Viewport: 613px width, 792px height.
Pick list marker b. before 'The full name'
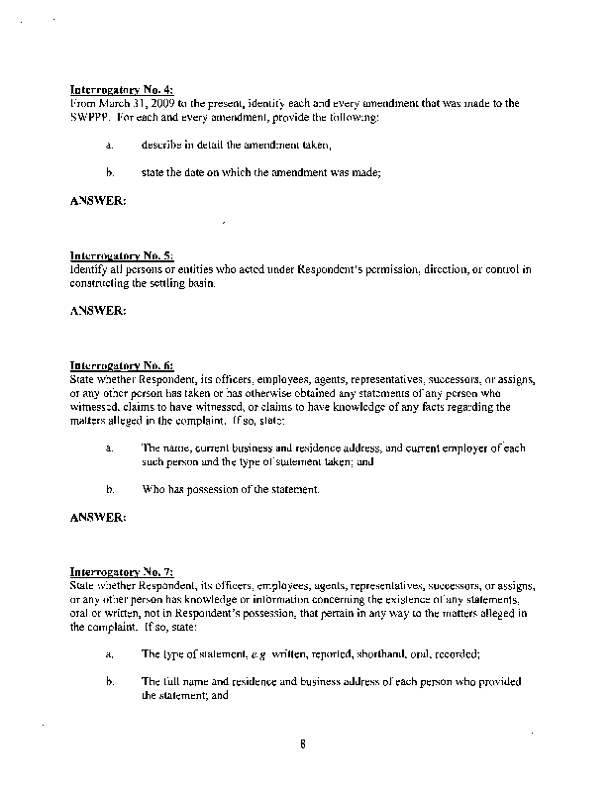coord(109,682)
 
